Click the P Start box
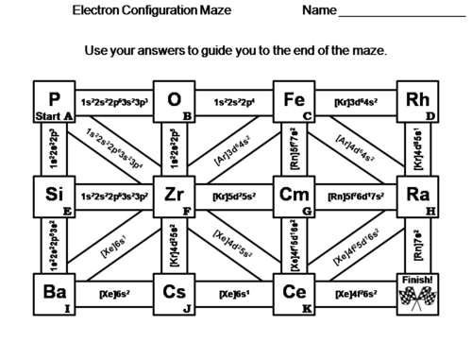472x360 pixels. click(x=54, y=101)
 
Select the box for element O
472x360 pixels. click(x=175, y=101)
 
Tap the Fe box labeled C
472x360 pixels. click(x=295, y=101)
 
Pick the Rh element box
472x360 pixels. click(x=415, y=101)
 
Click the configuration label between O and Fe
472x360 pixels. click(x=234, y=101)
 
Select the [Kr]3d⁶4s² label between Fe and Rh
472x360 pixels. click(x=355, y=101)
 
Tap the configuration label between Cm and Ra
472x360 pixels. click(x=355, y=197)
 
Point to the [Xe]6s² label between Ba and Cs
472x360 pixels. click(x=114, y=295)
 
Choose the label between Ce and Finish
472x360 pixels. click(x=355, y=295)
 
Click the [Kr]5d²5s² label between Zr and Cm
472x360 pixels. click(x=234, y=197)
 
